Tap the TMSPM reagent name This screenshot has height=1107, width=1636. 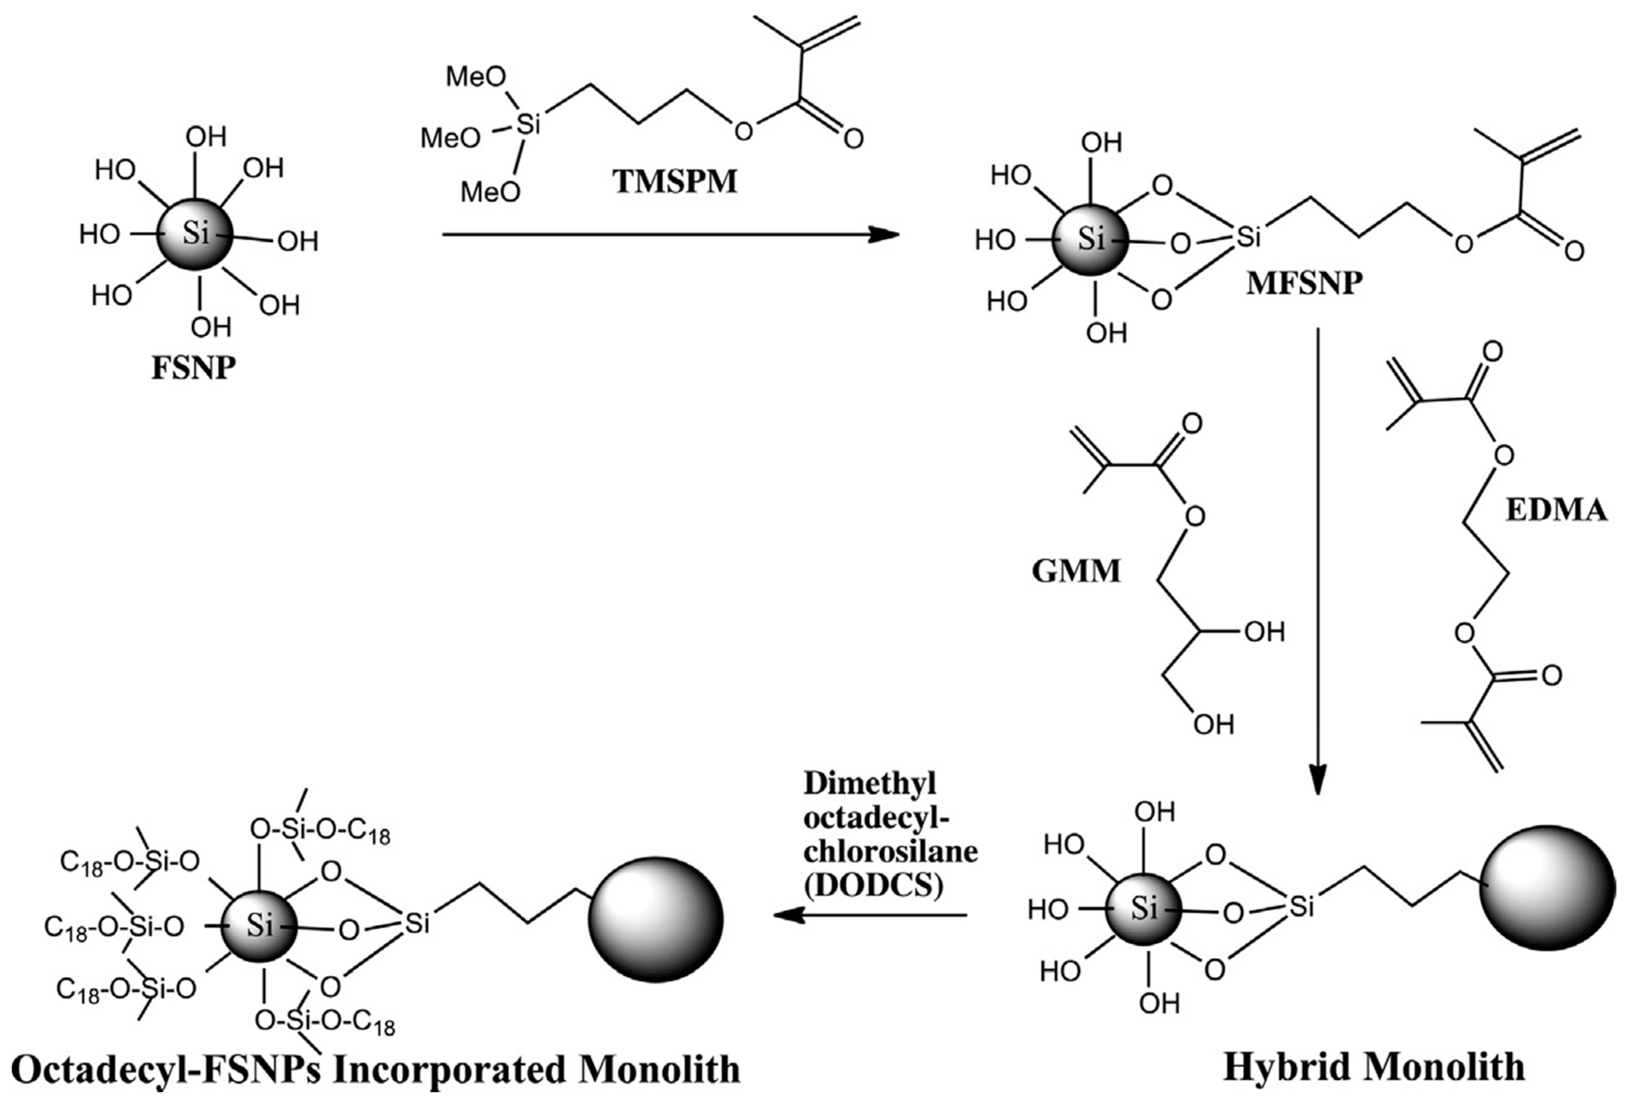pyautogui.click(x=675, y=182)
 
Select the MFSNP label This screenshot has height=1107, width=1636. pyautogui.click(x=1304, y=284)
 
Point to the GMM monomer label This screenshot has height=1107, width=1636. pyautogui.click(x=1075, y=570)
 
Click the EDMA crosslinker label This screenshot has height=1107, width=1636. pyautogui.click(x=1556, y=510)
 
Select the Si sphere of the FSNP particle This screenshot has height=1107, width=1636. pyautogui.click(x=194, y=234)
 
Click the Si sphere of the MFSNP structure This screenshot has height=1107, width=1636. pyautogui.click(x=1090, y=240)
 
